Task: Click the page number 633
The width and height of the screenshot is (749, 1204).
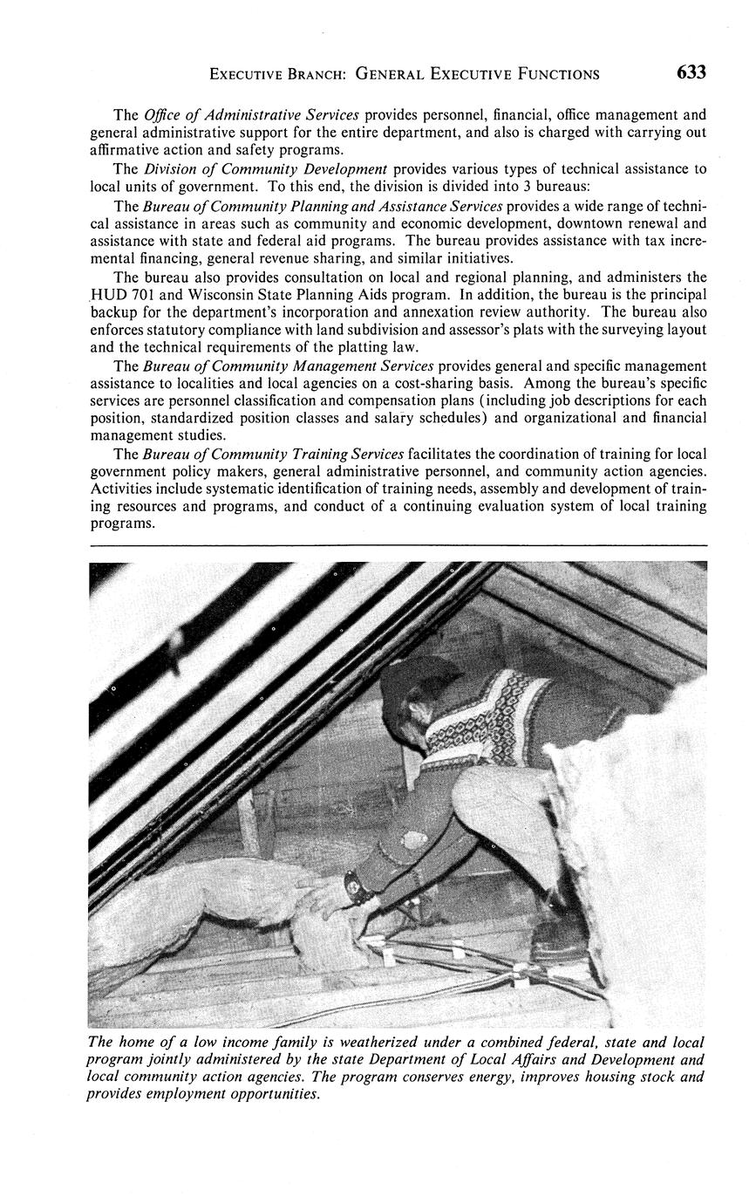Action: (691, 72)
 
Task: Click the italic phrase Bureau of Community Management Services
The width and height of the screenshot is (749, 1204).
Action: (288, 366)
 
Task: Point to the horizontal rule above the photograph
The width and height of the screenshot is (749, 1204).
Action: (398, 546)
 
